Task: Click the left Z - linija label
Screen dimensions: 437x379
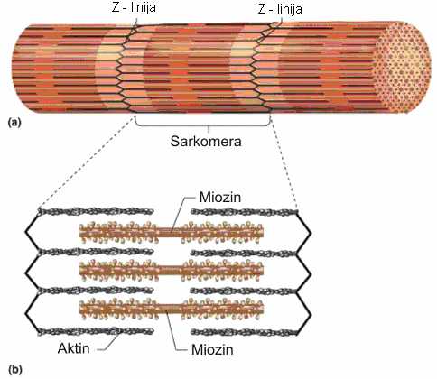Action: tap(134, 7)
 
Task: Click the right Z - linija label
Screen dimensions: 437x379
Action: tap(280, 9)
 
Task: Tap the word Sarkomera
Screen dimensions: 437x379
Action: tap(206, 141)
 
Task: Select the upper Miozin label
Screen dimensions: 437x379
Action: tap(220, 198)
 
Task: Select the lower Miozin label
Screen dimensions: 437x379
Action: tap(212, 349)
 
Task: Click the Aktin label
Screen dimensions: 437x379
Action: tap(74, 348)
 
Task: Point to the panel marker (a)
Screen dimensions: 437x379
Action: tap(14, 123)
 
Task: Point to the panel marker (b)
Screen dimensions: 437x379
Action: tap(15, 370)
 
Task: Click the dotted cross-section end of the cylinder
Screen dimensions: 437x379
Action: tap(403, 68)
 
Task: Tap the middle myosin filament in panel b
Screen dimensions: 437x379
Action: tap(172, 270)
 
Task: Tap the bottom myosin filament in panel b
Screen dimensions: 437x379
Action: tap(172, 309)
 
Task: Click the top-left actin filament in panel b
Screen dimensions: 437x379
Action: tap(96, 211)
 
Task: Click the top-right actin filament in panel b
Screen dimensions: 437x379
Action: tap(244, 212)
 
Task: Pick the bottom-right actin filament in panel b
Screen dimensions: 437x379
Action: tap(244, 332)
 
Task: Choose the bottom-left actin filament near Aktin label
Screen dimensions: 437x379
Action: tap(96, 331)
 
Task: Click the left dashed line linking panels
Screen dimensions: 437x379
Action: tap(87, 162)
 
